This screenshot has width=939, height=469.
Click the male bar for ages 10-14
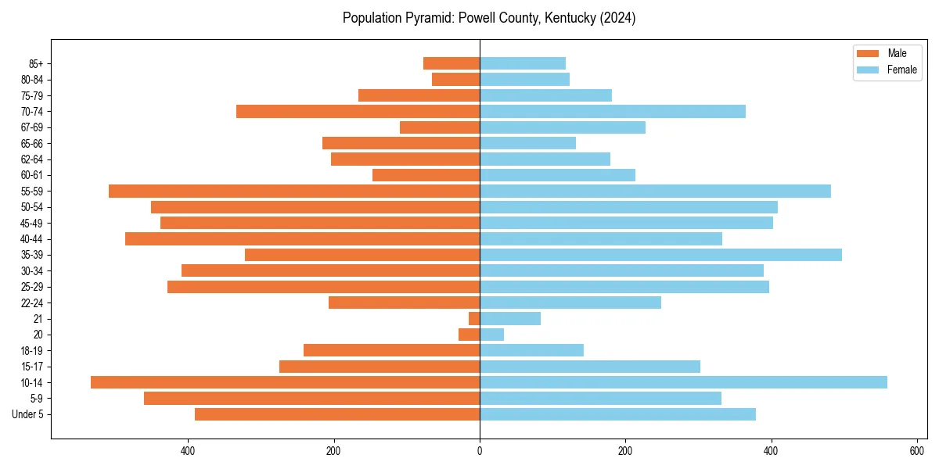[x=285, y=382]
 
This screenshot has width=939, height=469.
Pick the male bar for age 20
[x=469, y=335]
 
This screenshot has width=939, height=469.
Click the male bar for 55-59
[x=294, y=191]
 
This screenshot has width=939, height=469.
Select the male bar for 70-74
[x=358, y=111]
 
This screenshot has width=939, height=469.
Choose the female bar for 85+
[x=523, y=63]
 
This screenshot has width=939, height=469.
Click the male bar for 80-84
[x=456, y=79]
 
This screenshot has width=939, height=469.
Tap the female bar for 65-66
[x=527, y=143]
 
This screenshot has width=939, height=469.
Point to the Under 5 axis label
[x=27, y=414]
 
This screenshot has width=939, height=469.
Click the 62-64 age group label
[x=32, y=159]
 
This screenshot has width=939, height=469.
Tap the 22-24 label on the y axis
[x=32, y=303]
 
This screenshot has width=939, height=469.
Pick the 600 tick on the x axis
[x=917, y=451]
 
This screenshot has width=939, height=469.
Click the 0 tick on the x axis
[x=480, y=451]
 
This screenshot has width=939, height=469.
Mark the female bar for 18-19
[x=531, y=350]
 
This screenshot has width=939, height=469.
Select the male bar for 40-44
[x=302, y=238]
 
